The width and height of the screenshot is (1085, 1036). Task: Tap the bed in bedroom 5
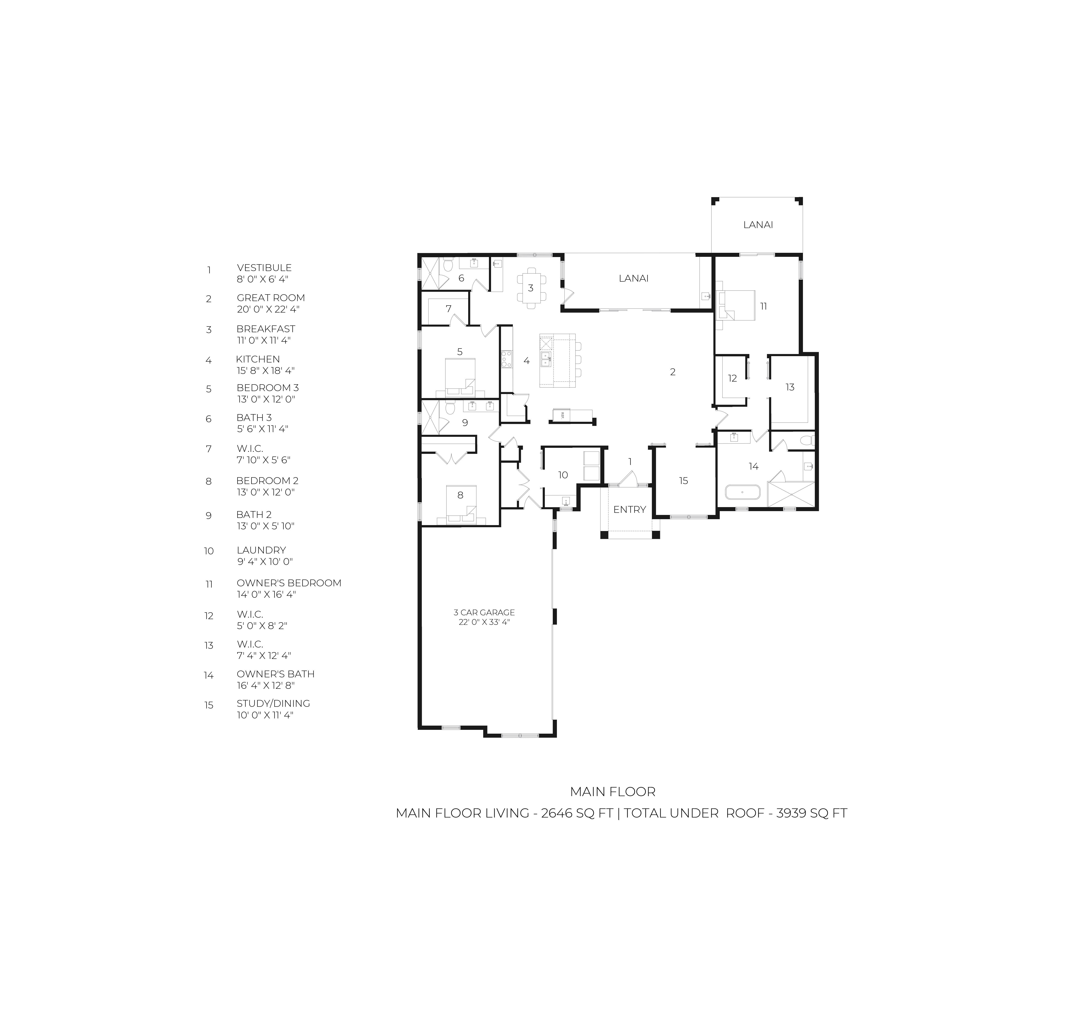(460, 377)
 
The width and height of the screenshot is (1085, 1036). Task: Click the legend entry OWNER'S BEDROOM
(289, 583)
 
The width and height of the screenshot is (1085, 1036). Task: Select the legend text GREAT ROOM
(271, 298)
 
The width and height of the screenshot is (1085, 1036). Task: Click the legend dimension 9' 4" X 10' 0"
(264, 562)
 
